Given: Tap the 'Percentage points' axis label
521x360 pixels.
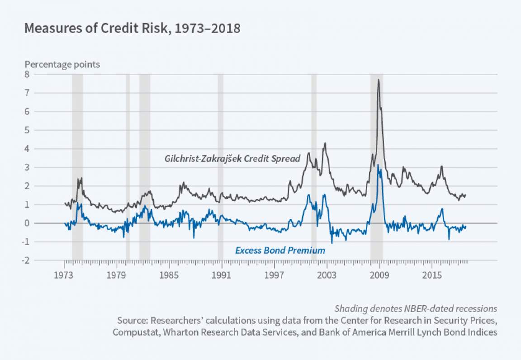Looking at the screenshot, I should (62, 64).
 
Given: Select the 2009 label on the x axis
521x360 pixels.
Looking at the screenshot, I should (379, 276).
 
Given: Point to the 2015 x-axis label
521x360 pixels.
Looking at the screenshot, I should (431, 276).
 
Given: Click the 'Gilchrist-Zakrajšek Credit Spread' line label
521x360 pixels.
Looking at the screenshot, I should (232, 159).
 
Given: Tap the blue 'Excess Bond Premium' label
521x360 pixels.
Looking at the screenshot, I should (280, 250).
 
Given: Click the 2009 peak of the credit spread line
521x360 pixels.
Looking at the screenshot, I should (378, 80).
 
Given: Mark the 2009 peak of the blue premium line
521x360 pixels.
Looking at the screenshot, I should (378, 165).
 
